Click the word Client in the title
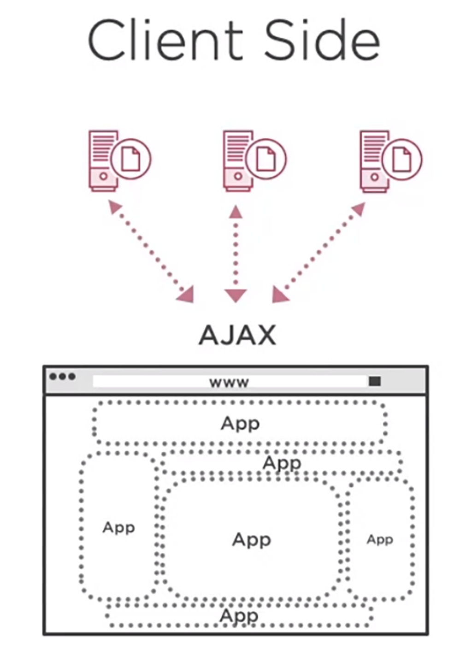165,41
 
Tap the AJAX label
237,335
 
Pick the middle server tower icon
237,160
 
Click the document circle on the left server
130,159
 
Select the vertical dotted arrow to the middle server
236,254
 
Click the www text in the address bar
229,382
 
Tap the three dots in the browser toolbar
63,377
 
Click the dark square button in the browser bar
375,381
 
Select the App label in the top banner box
240,423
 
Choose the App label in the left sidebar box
118,527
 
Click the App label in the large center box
252,539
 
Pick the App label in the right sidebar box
380,539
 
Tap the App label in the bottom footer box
239,615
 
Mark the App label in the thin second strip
282,463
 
